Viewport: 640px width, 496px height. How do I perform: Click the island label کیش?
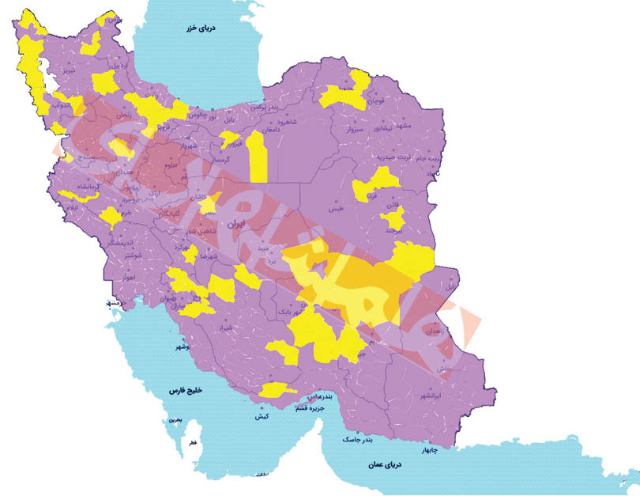262,415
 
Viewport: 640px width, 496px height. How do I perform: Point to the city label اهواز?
127,277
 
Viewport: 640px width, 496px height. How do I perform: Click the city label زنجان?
123,115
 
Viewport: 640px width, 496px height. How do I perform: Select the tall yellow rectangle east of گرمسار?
257,157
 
